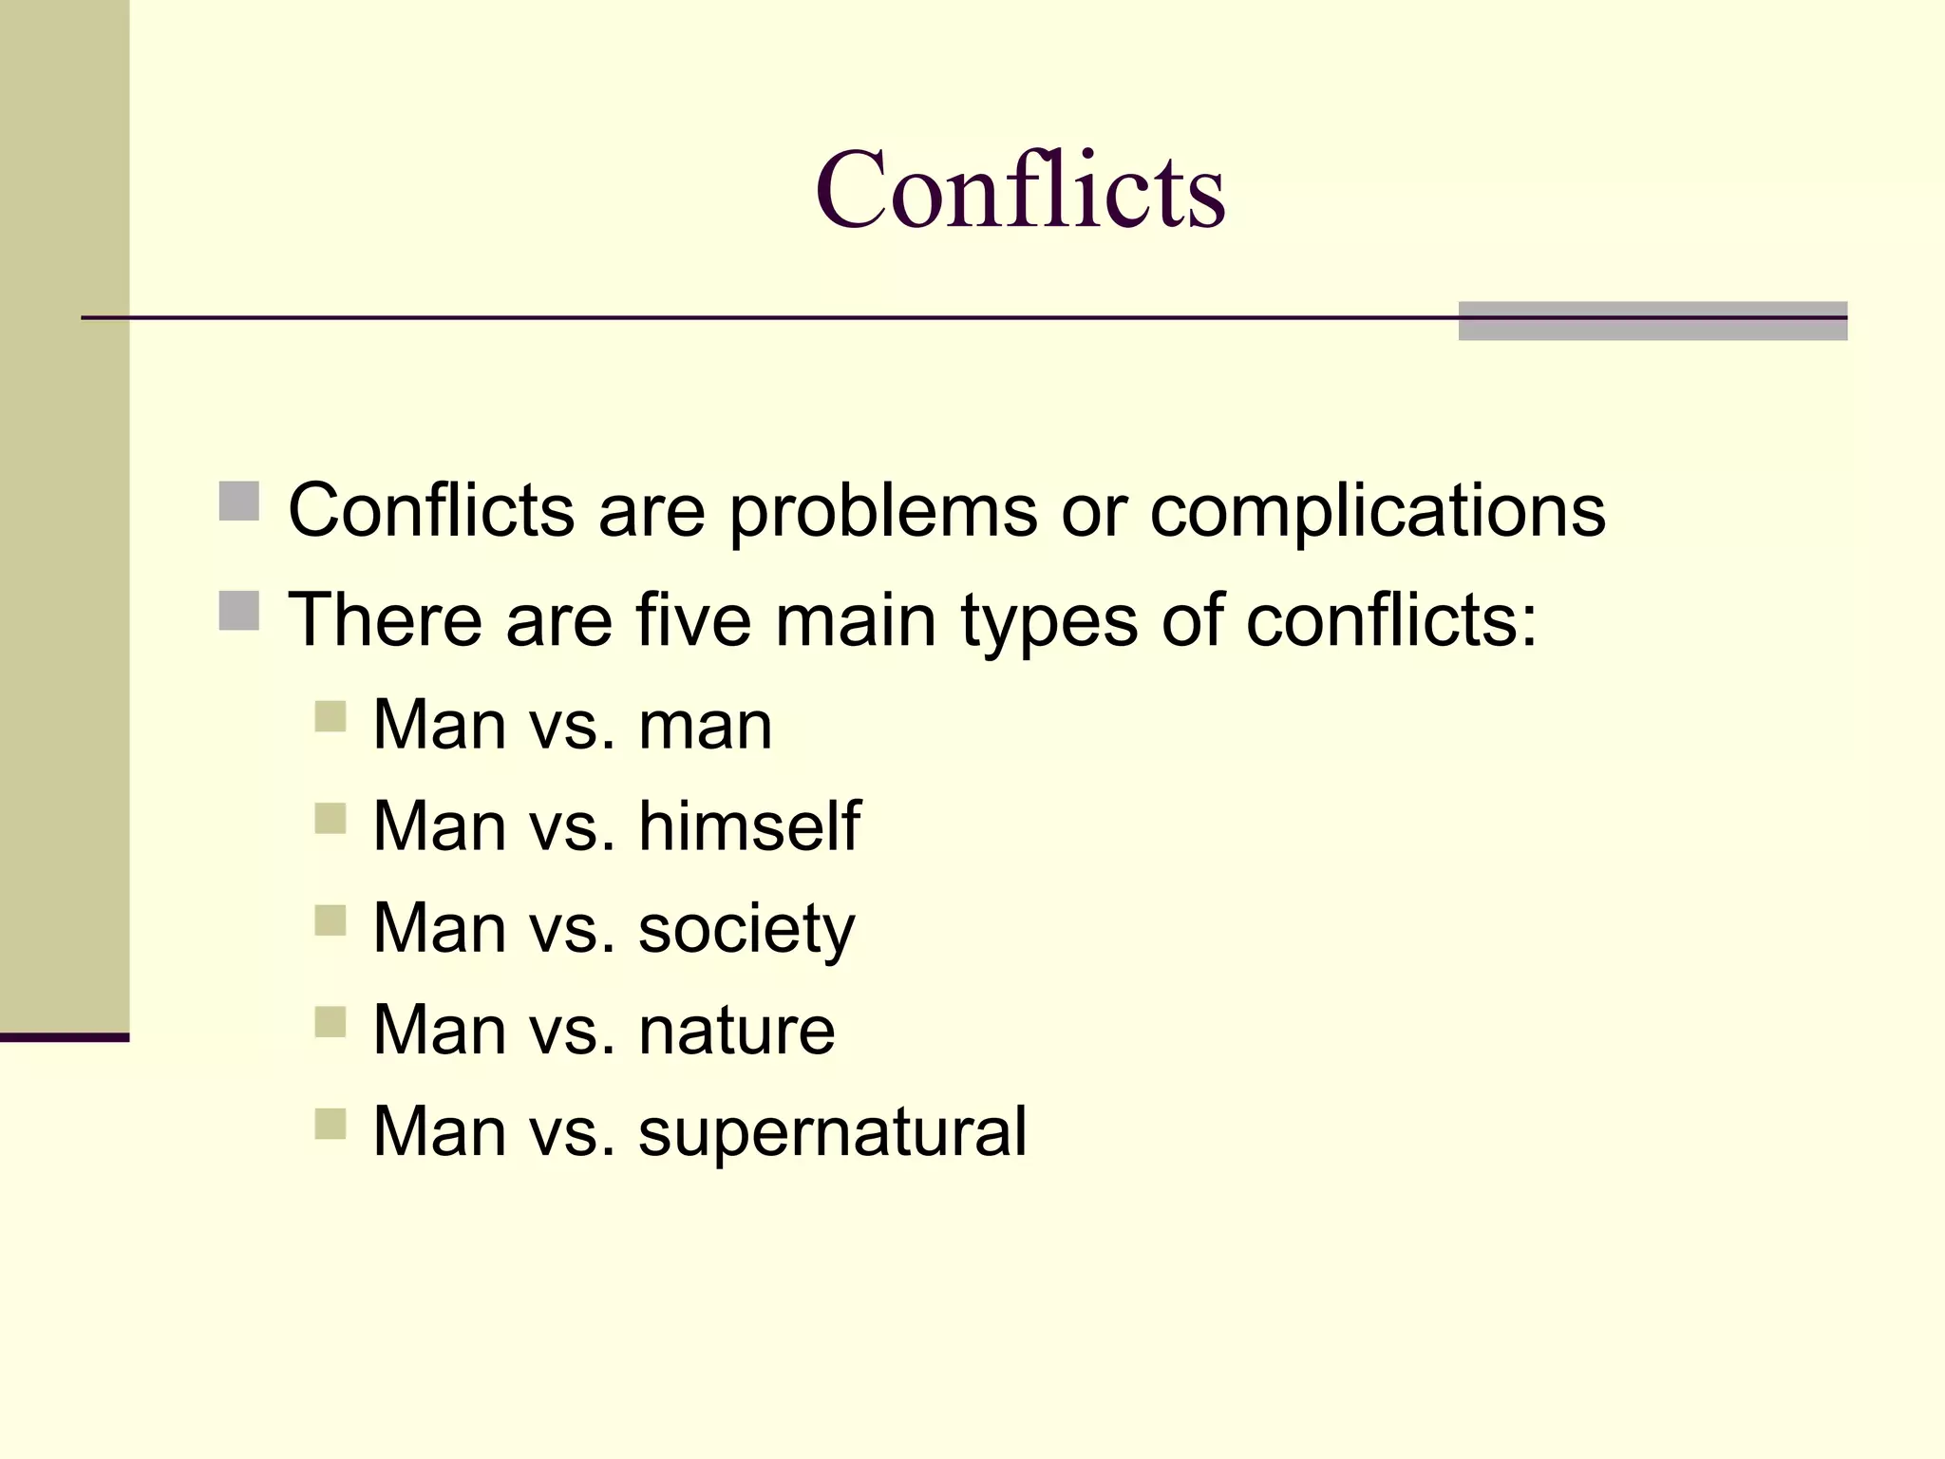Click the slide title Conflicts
click(1020, 190)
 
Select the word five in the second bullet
click(693, 620)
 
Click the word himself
click(749, 824)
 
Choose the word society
click(746, 929)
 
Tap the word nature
click(737, 1031)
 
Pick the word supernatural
click(833, 1133)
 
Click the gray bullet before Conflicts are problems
click(239, 502)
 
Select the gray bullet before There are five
click(239, 611)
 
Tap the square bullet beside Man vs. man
click(330, 716)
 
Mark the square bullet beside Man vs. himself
click(330, 818)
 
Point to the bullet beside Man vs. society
click(330, 920)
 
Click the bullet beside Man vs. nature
click(330, 1022)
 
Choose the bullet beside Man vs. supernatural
click(330, 1124)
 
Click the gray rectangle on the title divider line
click(1652, 321)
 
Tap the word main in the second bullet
click(856, 620)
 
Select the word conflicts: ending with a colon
click(1391, 620)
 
